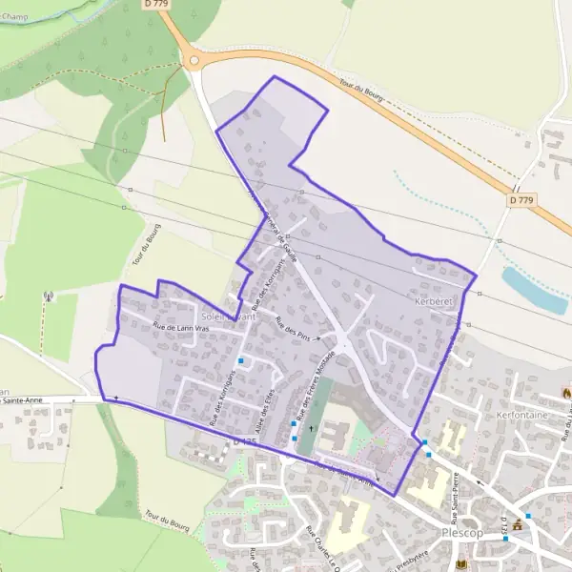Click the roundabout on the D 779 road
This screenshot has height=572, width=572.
pyautogui.click(x=194, y=60)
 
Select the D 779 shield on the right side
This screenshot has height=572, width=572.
pyautogui.click(x=521, y=200)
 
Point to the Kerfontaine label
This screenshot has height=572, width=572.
pyautogui.click(x=525, y=417)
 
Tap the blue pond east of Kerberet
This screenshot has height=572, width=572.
pyautogui.click(x=535, y=290)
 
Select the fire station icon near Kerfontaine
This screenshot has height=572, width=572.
pyautogui.click(x=565, y=393)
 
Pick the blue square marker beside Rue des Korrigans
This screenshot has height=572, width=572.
pyautogui.click(x=242, y=360)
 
